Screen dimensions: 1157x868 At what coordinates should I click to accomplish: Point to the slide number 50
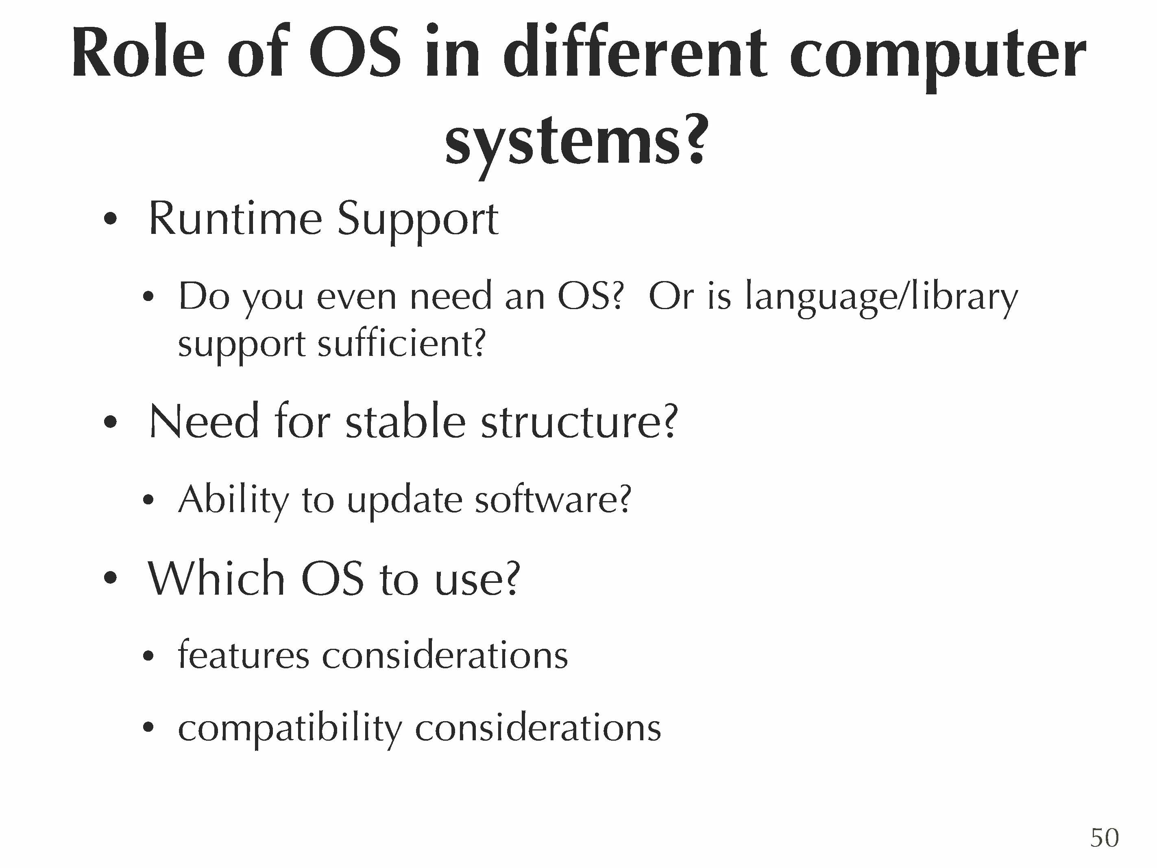tap(1104, 837)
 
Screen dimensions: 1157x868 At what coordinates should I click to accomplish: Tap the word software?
tap(553, 499)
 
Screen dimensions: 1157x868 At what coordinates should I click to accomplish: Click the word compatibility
tap(290, 729)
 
